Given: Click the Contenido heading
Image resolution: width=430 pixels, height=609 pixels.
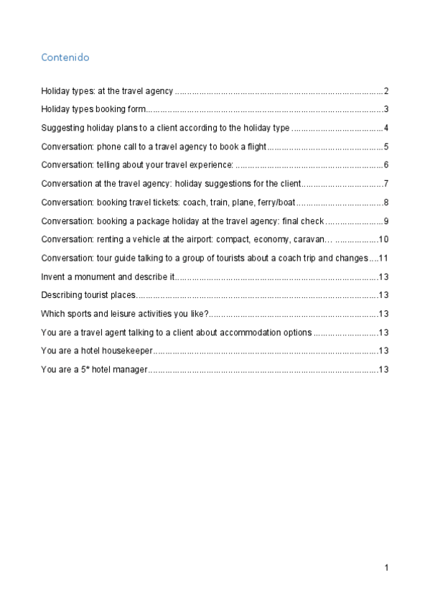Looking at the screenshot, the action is [65, 56].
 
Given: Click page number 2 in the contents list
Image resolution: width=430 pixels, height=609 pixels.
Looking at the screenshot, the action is [386, 91].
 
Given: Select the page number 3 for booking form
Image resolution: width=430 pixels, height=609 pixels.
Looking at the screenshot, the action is [386, 110].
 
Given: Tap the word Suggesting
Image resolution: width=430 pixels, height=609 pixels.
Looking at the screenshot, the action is [62, 129].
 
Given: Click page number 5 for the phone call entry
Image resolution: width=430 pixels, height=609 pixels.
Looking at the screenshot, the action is [386, 147].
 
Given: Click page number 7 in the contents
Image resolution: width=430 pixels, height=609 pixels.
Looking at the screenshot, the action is [386, 184].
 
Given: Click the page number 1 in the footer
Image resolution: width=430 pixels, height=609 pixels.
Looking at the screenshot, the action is [386, 568].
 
